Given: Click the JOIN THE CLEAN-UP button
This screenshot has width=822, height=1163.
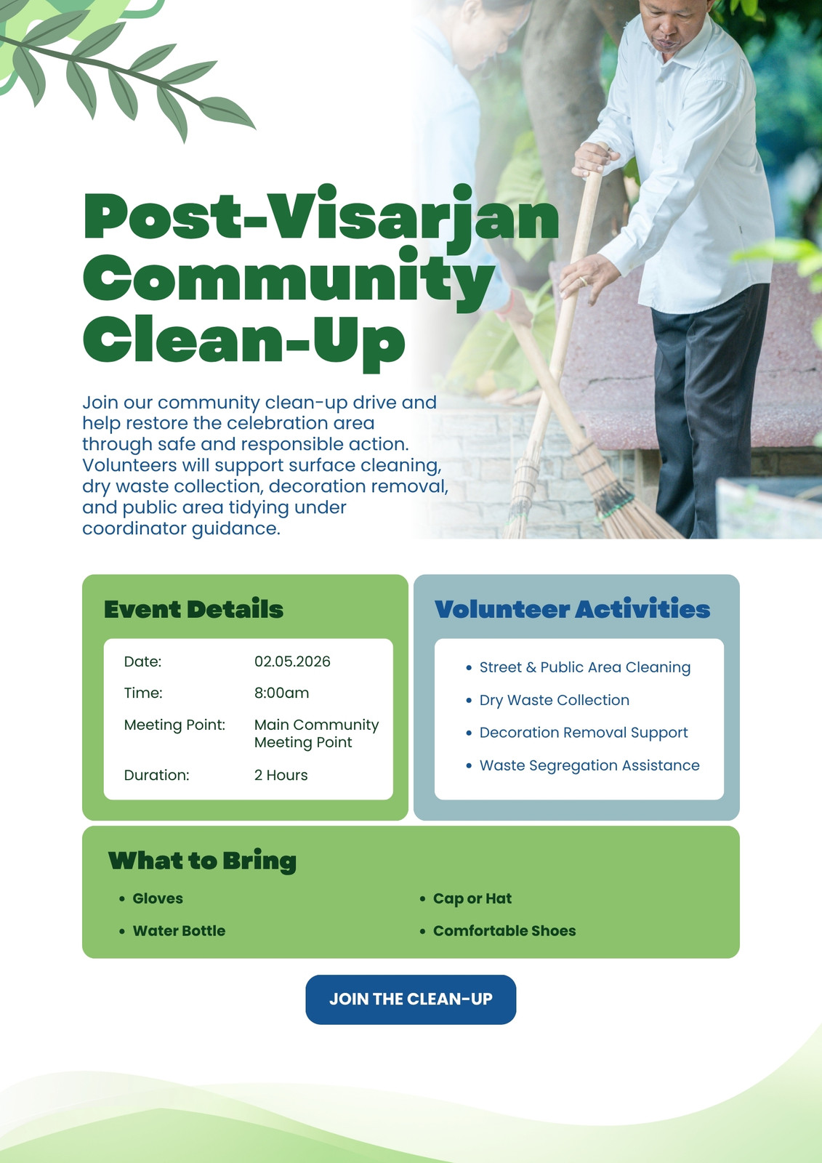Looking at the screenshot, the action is point(411,999).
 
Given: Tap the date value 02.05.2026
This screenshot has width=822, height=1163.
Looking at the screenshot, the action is point(292,661).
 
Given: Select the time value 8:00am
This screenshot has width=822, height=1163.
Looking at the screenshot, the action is point(281,693).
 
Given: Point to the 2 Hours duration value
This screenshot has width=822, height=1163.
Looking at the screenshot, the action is point(281,775).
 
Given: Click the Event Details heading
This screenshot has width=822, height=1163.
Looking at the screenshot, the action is point(193,609).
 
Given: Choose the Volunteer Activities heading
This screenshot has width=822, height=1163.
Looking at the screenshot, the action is point(572,609).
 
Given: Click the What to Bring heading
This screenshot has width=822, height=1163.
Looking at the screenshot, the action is point(202,861).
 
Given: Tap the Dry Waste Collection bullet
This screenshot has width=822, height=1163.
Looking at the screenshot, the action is point(554,700).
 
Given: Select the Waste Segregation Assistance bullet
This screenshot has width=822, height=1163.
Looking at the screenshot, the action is point(589,765).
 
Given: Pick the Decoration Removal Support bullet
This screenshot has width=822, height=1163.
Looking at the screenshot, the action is point(584,733).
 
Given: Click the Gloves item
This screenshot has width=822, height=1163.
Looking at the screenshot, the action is point(158,898).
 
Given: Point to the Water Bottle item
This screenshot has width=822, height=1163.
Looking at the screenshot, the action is point(179,930).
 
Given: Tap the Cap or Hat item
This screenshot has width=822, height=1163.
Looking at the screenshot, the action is point(472,898).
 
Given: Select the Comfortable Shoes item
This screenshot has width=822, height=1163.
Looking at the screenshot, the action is point(504,930).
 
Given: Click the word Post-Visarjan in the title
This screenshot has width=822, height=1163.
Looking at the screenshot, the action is point(321,217).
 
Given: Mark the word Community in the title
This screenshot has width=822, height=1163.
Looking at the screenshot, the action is point(289,278).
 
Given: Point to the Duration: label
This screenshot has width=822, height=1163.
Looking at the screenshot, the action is point(156,775).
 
